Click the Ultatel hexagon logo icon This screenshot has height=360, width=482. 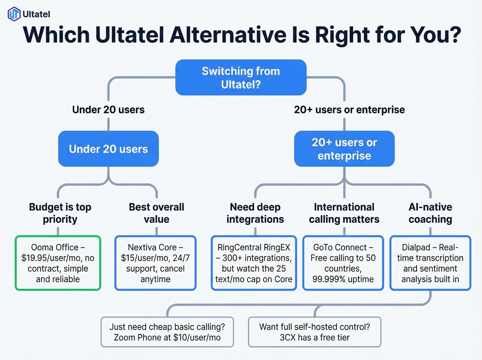(x=14, y=14)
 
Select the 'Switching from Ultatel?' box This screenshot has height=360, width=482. (x=241, y=78)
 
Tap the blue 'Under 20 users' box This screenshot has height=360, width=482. (x=108, y=149)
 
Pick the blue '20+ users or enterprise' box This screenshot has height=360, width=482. (x=344, y=149)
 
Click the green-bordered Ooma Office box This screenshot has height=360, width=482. (x=58, y=263)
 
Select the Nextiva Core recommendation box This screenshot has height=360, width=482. (x=155, y=263)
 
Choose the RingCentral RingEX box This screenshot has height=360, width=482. (x=254, y=263)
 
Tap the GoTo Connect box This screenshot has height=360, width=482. (x=343, y=263)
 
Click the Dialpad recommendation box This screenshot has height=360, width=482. (x=430, y=263)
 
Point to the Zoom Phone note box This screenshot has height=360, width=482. (x=167, y=332)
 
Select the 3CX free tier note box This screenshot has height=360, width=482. (x=314, y=332)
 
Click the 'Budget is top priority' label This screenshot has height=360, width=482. (x=60, y=213)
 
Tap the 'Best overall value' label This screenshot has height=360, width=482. (x=156, y=213)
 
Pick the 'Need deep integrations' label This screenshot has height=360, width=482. (x=255, y=213)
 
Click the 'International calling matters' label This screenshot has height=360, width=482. (x=344, y=213)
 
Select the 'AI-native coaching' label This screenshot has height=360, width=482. (x=430, y=213)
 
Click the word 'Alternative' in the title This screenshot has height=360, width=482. (x=228, y=35)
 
